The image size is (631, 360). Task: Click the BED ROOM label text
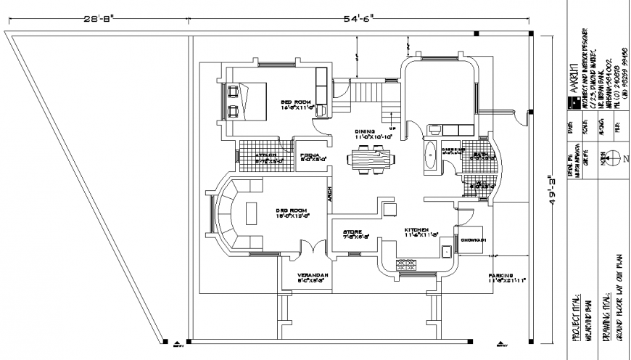point(296,102)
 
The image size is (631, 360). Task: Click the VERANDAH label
point(313,276)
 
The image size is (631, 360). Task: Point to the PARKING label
point(500,276)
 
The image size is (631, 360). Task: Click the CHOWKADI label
point(472,239)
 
